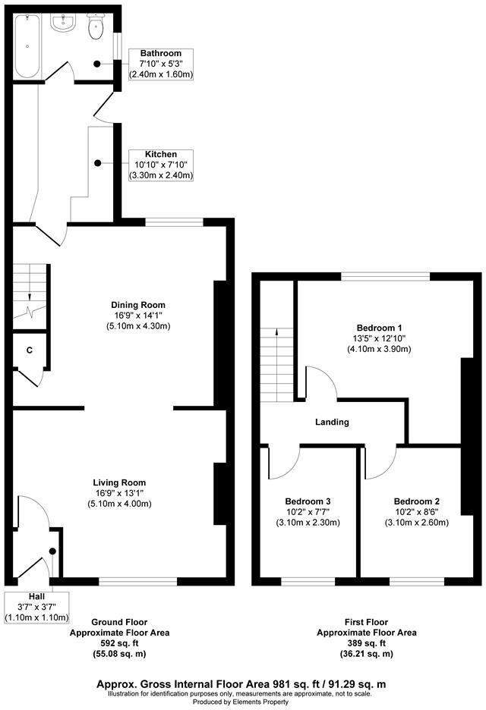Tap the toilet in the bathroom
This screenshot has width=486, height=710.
(x=96, y=28)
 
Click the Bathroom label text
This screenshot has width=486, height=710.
(x=160, y=53)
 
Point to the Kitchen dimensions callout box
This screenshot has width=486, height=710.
(x=160, y=165)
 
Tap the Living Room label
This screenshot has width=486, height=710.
(x=119, y=482)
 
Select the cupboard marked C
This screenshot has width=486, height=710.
(x=29, y=350)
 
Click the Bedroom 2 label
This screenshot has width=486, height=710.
(x=417, y=501)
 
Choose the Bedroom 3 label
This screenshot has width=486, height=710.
(x=308, y=501)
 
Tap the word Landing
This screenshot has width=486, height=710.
(x=333, y=422)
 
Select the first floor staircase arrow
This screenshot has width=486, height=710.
(x=276, y=331)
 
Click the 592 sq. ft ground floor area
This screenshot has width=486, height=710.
(x=119, y=642)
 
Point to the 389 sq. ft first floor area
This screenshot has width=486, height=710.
(x=366, y=642)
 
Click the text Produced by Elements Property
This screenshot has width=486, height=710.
(x=244, y=702)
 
